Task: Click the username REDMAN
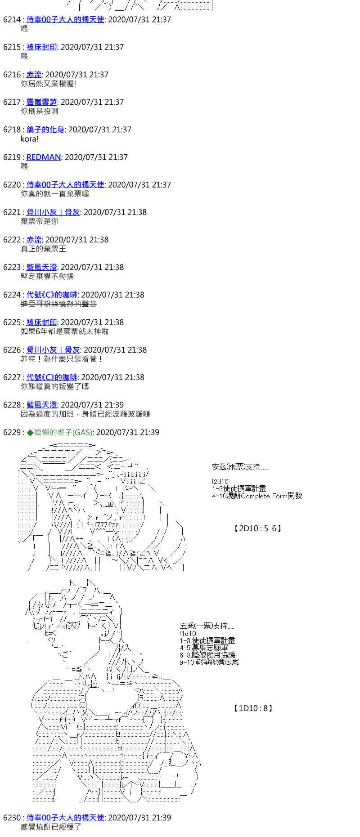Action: point(44,157)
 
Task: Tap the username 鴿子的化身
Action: point(45,130)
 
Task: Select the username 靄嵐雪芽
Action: point(41,102)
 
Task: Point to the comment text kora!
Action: point(29,139)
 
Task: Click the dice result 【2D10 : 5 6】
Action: point(257,528)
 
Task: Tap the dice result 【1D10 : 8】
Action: point(253,708)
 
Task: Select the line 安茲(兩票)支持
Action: point(239,467)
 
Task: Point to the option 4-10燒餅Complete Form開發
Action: point(257,496)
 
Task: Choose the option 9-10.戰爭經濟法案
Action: point(209,662)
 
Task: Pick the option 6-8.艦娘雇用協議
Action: point(207,655)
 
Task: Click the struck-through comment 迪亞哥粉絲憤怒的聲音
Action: point(58,304)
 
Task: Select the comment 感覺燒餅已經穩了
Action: point(51,827)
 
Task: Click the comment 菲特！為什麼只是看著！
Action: point(62,359)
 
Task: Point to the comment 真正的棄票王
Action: point(43,249)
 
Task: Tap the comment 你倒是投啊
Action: point(39,111)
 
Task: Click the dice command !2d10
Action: point(220,481)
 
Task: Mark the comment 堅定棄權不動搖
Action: point(47,277)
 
